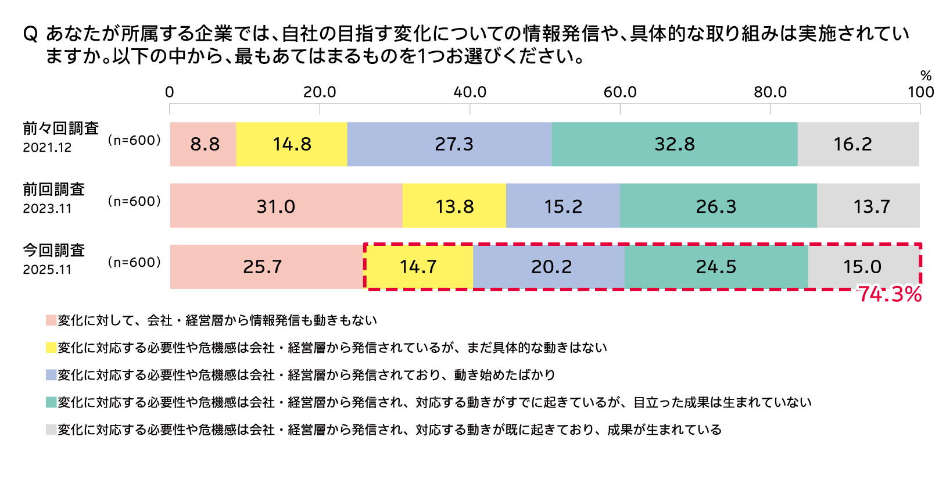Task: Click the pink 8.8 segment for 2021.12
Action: pos(203,144)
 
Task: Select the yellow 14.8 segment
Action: pos(292,144)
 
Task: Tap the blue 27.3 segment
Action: pos(449,144)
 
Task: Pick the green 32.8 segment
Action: pos(674,144)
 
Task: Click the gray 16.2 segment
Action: pos(858,144)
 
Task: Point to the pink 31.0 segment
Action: pos(286,206)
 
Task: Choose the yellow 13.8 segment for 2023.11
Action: pos(454,206)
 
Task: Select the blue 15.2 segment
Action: pos(562,206)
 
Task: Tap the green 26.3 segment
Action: pos(718,206)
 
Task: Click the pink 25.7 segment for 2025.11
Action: pos(266,267)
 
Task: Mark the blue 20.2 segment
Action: pos(549,267)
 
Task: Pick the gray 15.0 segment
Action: pos(863,267)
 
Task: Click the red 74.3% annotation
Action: pos(890,294)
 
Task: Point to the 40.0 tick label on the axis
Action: pos(470,92)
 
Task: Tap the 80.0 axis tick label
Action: pos(770,92)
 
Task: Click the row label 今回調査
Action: pos(54,251)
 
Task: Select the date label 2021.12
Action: pos(47,148)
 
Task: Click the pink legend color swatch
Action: pos(51,320)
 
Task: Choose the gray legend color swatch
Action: pos(51,430)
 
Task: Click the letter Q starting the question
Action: pos(30,34)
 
